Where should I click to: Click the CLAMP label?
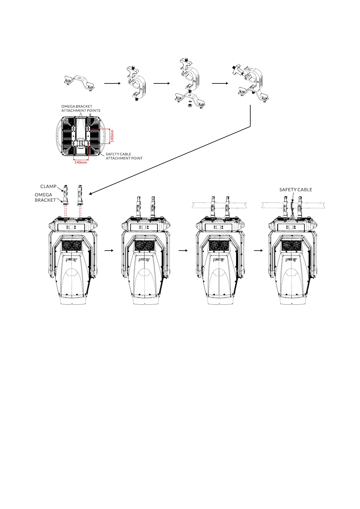[48, 186]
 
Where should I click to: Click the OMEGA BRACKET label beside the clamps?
[45, 197]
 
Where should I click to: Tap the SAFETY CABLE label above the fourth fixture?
[296, 190]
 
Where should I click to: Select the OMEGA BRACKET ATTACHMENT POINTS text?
[81, 109]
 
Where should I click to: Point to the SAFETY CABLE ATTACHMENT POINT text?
[124, 156]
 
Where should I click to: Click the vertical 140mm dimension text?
[112, 136]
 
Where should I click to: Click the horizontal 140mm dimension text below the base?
[81, 162]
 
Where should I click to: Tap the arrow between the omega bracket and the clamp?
[112, 83]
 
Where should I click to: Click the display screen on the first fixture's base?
[72, 227]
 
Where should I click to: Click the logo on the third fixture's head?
[218, 260]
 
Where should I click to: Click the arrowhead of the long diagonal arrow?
[90, 194]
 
